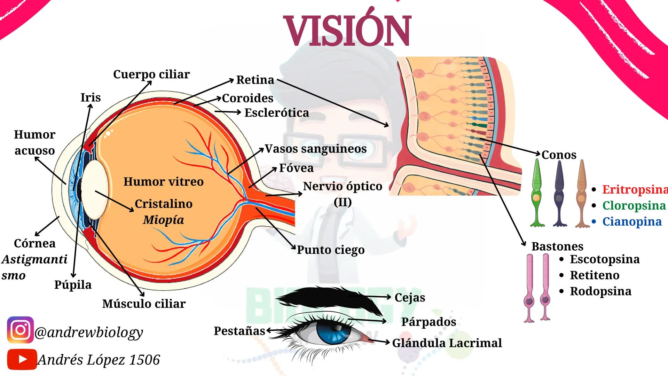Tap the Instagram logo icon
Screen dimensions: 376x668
tap(20, 330)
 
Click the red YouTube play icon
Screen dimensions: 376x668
tap(22, 359)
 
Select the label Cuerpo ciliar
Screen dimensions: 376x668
tap(151, 74)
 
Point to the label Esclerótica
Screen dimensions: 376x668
tap(276, 113)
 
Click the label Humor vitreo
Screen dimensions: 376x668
tap(163, 181)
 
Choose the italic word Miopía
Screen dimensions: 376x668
tap(163, 220)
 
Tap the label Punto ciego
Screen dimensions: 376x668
tap(330, 250)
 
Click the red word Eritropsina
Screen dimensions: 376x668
tap(635, 189)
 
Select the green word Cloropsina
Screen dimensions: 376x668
tap(634, 205)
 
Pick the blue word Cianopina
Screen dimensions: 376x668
tap(632, 221)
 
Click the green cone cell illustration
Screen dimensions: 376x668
tap(537, 193)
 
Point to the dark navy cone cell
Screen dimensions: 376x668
tap(559, 193)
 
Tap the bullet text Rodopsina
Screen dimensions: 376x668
tap(600, 291)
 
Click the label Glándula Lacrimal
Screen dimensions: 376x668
tap(447, 343)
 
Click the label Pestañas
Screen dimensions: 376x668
tap(239, 331)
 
